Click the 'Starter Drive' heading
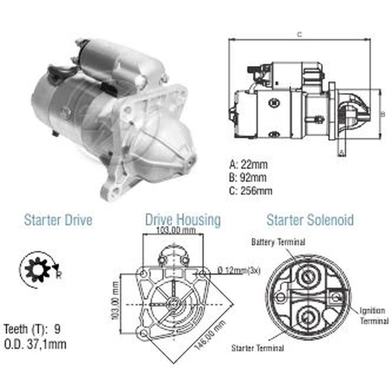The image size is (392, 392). coord(58,220)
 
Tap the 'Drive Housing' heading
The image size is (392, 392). coord(183,220)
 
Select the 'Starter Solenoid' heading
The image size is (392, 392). coord(310,220)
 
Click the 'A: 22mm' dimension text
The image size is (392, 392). coord(248,165)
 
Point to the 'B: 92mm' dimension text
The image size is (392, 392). coord(248,178)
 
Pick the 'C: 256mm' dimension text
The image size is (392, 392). coord(250,191)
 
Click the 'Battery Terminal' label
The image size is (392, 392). coord(278,242)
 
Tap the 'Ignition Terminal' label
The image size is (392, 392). coord(374,316)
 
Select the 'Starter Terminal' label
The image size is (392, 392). coord(258,348)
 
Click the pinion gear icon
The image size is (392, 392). coord(38,270)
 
